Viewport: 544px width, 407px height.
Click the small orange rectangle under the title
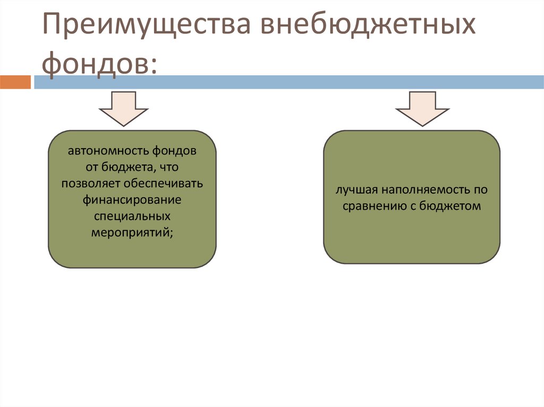[15, 82]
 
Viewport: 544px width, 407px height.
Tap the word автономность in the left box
[108, 150]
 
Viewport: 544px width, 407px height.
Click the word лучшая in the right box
[353, 189]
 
